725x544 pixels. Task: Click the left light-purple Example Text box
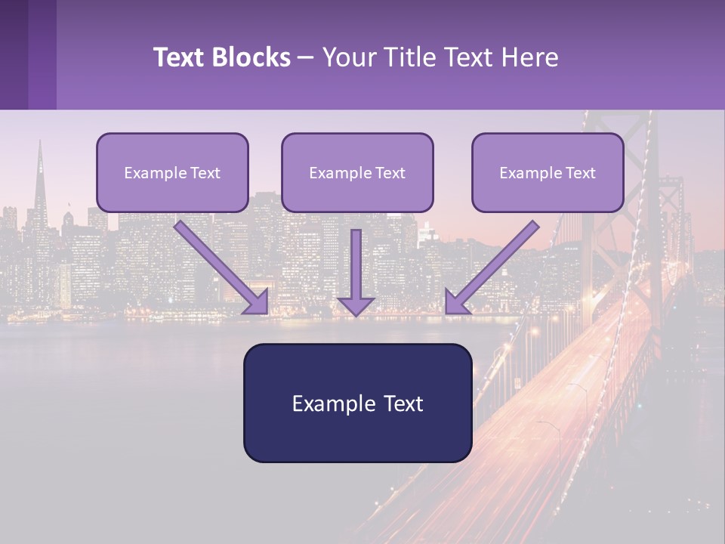tap(172, 172)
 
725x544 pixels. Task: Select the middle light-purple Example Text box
tap(357, 172)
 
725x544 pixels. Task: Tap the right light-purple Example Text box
tap(548, 172)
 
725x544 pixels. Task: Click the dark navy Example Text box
tap(357, 403)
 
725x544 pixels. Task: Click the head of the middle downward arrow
tap(356, 306)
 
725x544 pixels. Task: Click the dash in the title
tap(306, 57)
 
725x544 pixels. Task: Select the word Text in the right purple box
tap(581, 173)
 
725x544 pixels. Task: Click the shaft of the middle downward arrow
tap(356, 261)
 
